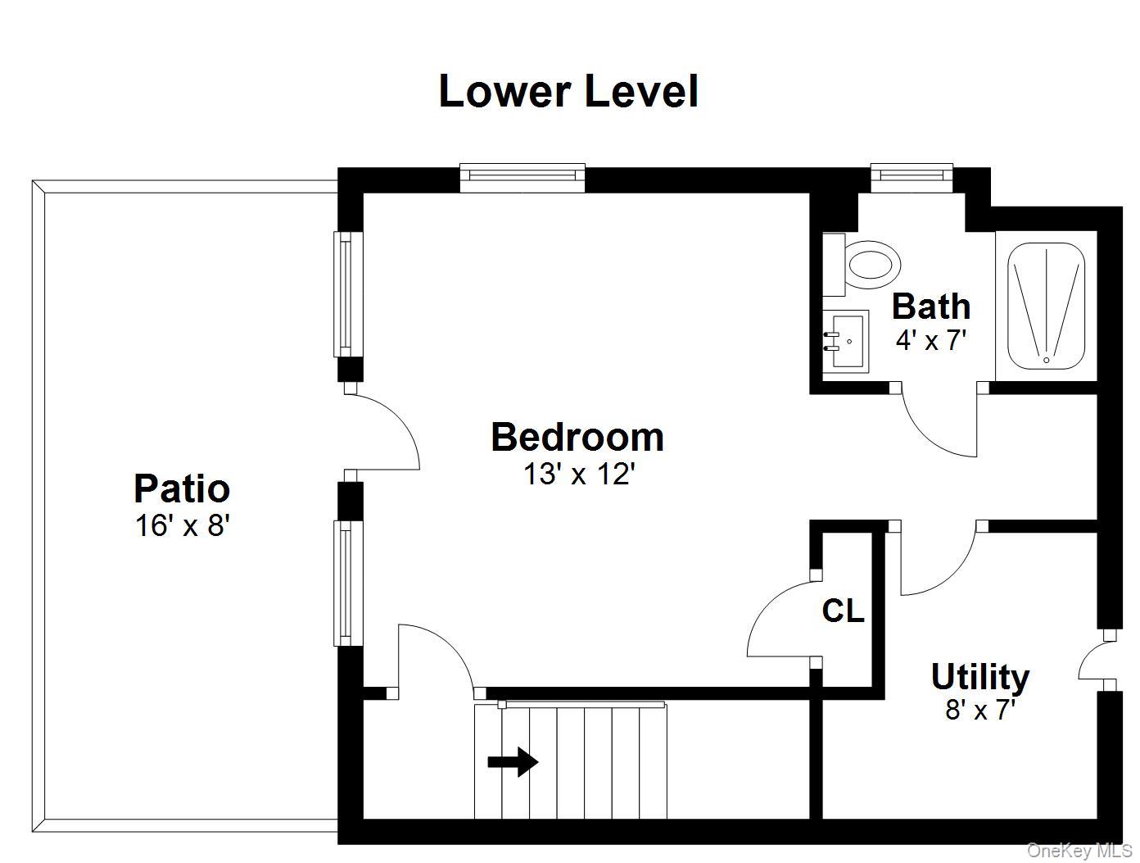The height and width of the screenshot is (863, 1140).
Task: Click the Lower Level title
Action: [x=568, y=92]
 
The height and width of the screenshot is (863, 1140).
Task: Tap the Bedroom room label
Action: [x=577, y=437]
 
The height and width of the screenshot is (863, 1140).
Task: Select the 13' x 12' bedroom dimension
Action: [x=579, y=474]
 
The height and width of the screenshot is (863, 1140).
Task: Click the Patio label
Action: [x=182, y=490]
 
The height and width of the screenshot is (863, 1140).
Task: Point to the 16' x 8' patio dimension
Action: [x=183, y=525]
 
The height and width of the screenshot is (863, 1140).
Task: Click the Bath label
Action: [x=930, y=307]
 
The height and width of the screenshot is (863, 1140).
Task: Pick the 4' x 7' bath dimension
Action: [x=930, y=340]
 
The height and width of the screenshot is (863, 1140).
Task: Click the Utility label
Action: [x=980, y=677]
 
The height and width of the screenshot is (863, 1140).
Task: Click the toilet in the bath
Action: [x=861, y=265]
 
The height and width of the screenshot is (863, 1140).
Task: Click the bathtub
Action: [x=1046, y=306]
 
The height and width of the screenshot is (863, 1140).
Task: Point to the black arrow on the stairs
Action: [x=513, y=763]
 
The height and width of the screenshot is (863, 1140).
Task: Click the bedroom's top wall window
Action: [x=522, y=178]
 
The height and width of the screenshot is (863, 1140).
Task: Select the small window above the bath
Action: [x=912, y=178]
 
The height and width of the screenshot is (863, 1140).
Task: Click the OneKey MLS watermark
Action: [x=1079, y=851]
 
